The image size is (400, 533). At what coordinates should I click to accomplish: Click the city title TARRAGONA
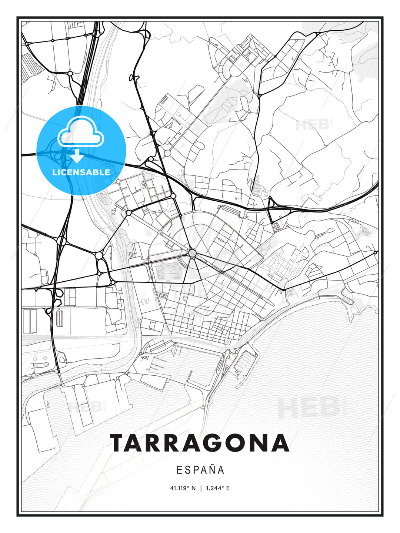coord(199,443)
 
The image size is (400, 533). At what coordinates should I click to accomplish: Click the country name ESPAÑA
coord(200,470)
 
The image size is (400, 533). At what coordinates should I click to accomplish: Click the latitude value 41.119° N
coord(183,488)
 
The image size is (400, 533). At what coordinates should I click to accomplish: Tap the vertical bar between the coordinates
coord(200,488)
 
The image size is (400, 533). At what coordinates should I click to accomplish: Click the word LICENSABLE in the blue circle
coord(81,172)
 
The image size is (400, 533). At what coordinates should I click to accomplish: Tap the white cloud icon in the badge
coord(81,132)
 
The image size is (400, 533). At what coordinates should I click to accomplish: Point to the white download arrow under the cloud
coord(77,157)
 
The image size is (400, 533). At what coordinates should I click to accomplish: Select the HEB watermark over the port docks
coord(85,406)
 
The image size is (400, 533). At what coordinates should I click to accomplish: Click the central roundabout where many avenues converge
coord(192,253)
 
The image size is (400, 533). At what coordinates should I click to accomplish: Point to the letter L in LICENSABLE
coord(54,172)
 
